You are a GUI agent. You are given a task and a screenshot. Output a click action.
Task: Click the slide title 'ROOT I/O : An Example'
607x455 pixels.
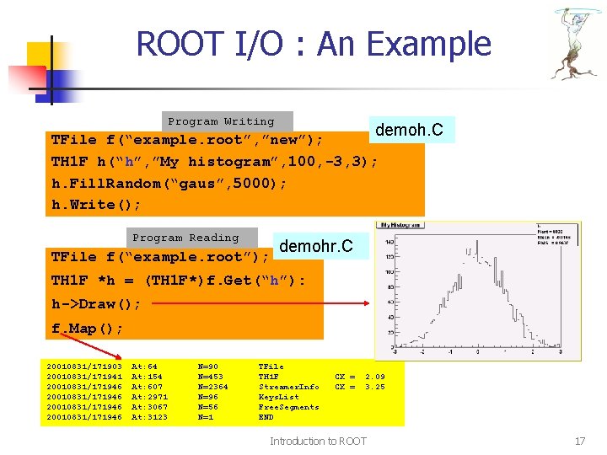click(314, 44)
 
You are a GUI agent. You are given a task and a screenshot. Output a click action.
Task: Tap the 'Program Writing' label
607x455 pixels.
click(221, 121)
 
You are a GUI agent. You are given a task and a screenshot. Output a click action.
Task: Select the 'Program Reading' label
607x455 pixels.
click(185, 238)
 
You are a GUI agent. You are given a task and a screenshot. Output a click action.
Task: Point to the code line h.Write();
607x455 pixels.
click(96, 205)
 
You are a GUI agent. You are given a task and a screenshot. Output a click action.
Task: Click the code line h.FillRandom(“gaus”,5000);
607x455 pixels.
click(169, 183)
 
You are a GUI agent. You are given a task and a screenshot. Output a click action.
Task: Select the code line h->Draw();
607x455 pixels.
click(96, 303)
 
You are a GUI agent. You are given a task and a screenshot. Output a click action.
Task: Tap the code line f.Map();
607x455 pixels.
click(87, 328)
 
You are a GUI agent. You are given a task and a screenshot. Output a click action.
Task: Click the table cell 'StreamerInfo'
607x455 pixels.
click(288, 387)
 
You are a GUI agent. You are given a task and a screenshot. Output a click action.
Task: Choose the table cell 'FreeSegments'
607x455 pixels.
click(288, 407)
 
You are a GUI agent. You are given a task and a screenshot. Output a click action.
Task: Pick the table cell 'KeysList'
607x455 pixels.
click(278, 397)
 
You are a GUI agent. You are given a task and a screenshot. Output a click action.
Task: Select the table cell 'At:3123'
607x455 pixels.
click(149, 417)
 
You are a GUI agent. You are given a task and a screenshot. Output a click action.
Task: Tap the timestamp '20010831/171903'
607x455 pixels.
click(84, 367)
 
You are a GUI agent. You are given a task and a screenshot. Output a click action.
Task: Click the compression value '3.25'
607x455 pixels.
click(374, 387)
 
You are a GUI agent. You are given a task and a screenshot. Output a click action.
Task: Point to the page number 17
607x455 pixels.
click(579, 441)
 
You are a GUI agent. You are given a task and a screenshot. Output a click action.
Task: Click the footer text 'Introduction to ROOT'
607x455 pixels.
click(318, 441)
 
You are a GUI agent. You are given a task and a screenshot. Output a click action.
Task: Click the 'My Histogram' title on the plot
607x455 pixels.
click(402, 225)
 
